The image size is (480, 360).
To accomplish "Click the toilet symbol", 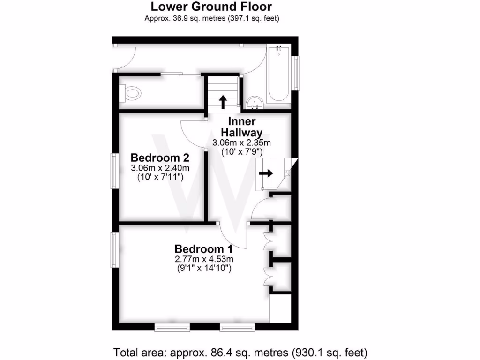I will (130, 93).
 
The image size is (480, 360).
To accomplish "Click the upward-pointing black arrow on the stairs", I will (223, 101).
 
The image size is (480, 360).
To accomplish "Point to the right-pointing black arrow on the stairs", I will (266, 173).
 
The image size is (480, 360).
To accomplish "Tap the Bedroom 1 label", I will (203, 249).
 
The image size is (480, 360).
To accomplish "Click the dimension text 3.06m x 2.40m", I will (160, 168).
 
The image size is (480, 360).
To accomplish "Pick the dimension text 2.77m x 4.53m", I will (204, 259).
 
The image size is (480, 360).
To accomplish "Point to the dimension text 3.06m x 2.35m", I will (241, 142).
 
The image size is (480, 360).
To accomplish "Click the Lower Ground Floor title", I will (211, 7).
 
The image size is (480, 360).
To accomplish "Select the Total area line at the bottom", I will (240, 352).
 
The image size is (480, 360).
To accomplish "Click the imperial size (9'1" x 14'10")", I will (204, 269).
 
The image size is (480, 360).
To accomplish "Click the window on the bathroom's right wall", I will (296, 73).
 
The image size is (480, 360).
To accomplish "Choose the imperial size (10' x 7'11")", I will (160, 177).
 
